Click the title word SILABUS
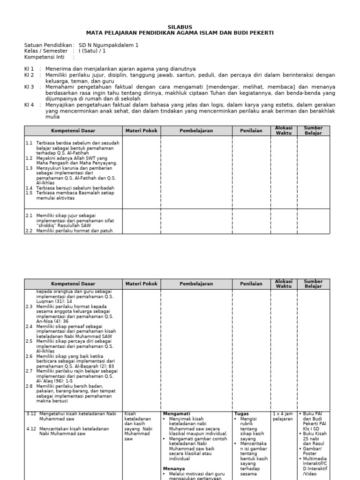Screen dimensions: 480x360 coord(180,27)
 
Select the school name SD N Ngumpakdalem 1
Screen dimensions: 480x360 coord(109,45)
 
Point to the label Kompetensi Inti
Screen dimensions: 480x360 coord(46,57)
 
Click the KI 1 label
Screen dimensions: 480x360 coord(29,68)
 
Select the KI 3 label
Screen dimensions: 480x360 coord(29,87)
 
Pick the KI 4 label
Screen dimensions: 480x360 coord(29,105)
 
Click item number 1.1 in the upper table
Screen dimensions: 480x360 coord(29,142)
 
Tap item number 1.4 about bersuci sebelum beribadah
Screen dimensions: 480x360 coord(29,187)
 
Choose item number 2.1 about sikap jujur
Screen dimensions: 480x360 coord(29,216)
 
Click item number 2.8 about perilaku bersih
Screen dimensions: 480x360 coord(29,386)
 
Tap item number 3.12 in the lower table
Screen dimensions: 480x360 coord(31,414)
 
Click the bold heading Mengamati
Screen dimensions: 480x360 coord(176,414)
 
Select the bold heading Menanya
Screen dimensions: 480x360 coord(173,468)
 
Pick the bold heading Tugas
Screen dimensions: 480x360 coord(241,414)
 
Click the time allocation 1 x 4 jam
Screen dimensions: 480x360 coord(283,414)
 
